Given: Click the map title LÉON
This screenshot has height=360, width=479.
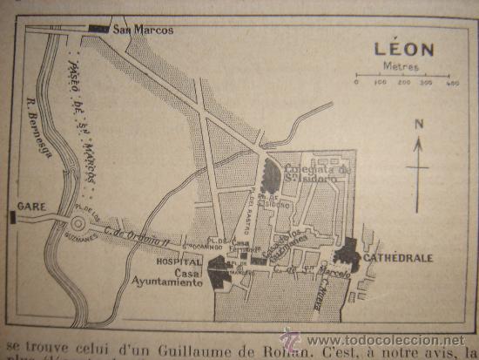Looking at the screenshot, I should coord(403,49).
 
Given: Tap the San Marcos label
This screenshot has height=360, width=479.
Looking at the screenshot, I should coord(143,30).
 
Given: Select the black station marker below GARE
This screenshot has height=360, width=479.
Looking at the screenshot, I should coord(12,216).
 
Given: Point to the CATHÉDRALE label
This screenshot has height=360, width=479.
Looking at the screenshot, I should coord(410,258).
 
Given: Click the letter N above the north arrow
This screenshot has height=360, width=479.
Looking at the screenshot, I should coord(418,124).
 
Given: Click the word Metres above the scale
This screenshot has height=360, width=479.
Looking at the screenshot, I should coord(402,66).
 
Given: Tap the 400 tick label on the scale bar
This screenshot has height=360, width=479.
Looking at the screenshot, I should coord(452,85).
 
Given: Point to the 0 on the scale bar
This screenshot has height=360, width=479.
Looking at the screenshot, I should coord(356,85).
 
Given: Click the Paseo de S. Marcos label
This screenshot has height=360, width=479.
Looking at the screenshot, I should coord(84,122).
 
